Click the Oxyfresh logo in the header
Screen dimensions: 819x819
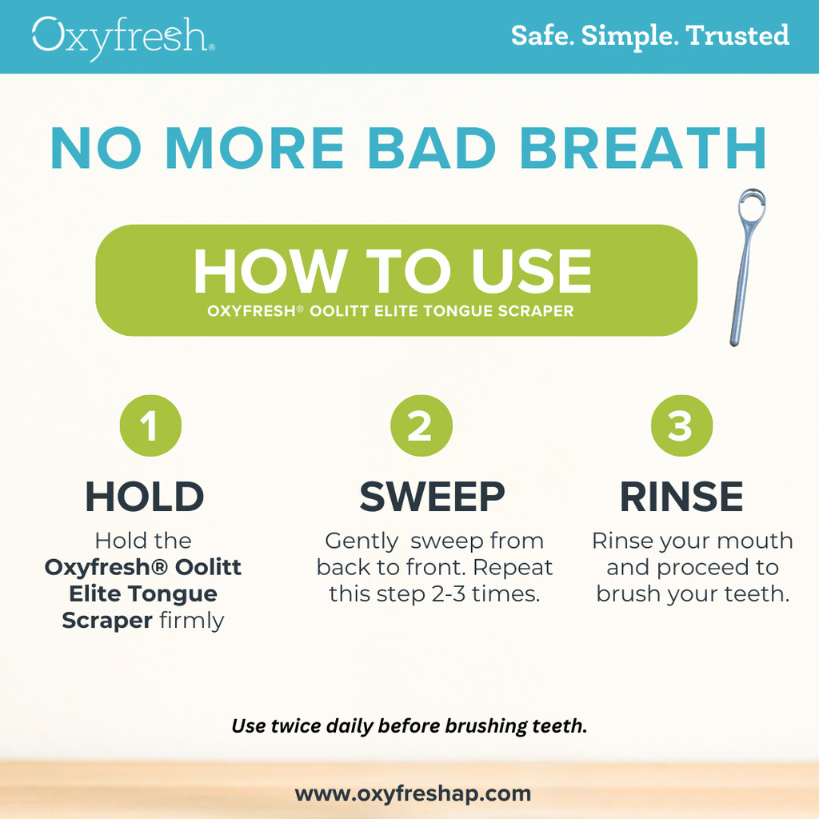123,38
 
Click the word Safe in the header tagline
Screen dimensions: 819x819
543,35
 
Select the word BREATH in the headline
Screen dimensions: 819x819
642,148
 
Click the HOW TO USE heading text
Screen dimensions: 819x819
392,270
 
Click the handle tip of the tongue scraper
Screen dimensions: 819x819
734,342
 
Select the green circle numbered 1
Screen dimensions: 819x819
150,425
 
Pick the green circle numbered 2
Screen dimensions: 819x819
421,425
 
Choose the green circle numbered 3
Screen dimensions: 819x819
681,425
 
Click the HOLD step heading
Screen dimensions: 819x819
145,497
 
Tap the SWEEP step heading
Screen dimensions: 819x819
433,497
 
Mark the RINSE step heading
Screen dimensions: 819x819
681,497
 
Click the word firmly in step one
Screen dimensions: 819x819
192,621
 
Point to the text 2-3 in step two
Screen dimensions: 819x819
449,594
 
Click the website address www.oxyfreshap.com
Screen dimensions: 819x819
413,794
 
